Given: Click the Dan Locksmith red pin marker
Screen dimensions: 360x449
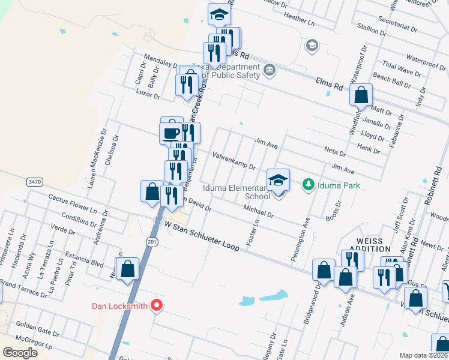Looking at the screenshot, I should [x=157, y=305].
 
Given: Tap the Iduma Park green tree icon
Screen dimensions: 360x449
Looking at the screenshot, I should [x=309, y=184].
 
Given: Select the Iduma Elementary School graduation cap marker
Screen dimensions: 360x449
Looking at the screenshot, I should [x=279, y=180].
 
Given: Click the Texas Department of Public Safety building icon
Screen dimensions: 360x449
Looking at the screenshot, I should [x=269, y=70].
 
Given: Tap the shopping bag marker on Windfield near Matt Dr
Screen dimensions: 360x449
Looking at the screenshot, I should [x=361, y=95].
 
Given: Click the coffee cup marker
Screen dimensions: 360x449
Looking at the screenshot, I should [x=171, y=133].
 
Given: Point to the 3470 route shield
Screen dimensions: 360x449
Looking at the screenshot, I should [x=34, y=181].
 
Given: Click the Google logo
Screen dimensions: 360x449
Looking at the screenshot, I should [x=20, y=353].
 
